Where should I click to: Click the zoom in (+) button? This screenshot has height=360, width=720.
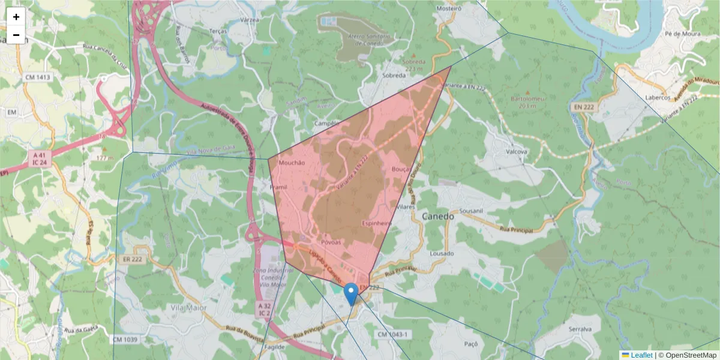[x=16, y=17]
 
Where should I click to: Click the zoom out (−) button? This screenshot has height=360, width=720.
[x=16, y=35]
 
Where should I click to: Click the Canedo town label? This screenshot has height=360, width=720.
[x=438, y=216]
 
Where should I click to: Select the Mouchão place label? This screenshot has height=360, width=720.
[x=292, y=163]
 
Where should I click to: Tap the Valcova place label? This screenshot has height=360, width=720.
[x=516, y=152]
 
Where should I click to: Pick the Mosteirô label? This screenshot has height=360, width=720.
[x=448, y=9]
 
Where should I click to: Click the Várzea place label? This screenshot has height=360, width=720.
[x=248, y=20]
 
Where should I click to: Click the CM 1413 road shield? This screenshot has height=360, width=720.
[x=38, y=77]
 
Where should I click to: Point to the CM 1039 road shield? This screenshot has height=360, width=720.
[x=125, y=340]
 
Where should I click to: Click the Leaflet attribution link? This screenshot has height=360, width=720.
[x=641, y=355]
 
